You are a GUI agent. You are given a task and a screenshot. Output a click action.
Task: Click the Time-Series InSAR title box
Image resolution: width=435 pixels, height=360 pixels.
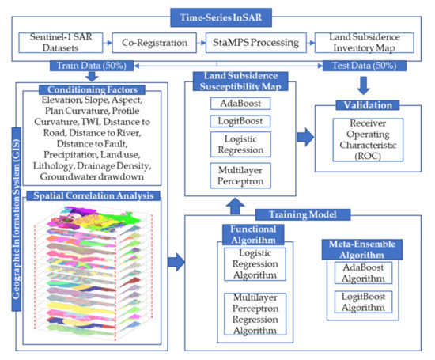221,17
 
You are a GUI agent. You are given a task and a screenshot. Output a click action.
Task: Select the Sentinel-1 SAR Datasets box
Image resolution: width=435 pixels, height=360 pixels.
60,43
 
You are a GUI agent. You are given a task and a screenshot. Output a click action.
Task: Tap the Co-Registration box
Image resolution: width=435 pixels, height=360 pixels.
154,43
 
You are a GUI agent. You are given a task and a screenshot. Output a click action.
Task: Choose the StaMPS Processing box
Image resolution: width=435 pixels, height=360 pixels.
255,43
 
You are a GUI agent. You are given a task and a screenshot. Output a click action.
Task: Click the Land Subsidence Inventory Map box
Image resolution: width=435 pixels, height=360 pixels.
365,43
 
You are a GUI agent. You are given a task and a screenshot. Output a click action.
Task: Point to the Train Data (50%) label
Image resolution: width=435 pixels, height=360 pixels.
92,66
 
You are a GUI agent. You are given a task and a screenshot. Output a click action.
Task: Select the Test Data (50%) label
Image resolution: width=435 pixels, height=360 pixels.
365,66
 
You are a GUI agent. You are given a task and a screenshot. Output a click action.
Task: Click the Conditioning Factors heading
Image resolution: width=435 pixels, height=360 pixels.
92,89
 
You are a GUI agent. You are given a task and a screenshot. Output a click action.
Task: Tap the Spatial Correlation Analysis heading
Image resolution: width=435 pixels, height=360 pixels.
93,195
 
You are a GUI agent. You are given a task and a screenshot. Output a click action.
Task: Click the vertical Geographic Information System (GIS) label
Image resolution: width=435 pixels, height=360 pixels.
16,219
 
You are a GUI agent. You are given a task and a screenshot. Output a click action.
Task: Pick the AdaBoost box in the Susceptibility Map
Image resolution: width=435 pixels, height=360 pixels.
240,104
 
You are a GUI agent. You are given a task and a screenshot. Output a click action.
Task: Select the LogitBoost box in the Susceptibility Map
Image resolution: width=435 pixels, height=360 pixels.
240,121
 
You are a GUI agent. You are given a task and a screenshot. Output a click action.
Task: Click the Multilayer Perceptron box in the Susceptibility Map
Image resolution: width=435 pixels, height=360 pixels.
240,176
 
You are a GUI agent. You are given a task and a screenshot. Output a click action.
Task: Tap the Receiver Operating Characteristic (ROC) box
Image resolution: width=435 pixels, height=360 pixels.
368,140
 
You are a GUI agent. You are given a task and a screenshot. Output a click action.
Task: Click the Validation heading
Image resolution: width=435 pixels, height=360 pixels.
368,105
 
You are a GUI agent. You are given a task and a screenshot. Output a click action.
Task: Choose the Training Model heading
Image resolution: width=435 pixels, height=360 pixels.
303,214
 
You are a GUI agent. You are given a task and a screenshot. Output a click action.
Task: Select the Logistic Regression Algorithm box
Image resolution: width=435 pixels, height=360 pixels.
255,264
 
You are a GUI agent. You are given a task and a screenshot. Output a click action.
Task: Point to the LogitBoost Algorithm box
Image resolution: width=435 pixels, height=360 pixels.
363,302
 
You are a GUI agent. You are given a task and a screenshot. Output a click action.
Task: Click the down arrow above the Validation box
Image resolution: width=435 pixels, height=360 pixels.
364,85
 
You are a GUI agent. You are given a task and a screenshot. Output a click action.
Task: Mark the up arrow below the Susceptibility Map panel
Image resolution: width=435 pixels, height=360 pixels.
235,206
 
